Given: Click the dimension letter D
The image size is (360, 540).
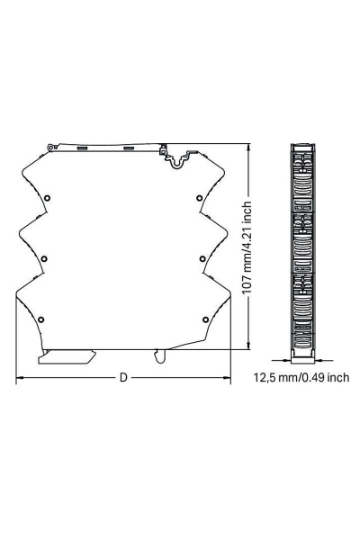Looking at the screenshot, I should click(123, 377).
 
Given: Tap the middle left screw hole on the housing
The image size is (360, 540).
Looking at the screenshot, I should click(43, 259).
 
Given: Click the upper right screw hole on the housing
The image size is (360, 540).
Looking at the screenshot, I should click(199, 198).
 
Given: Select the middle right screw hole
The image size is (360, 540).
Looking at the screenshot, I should click(203, 259).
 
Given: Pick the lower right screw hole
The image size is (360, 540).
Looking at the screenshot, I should click(206, 319).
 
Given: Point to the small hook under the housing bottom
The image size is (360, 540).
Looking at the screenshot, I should click(159, 357).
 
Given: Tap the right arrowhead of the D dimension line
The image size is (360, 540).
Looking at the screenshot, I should click(229, 377).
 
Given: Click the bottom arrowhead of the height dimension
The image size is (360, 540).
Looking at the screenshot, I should click(249, 346).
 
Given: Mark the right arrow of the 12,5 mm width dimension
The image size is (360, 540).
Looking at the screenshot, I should click(316, 362).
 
